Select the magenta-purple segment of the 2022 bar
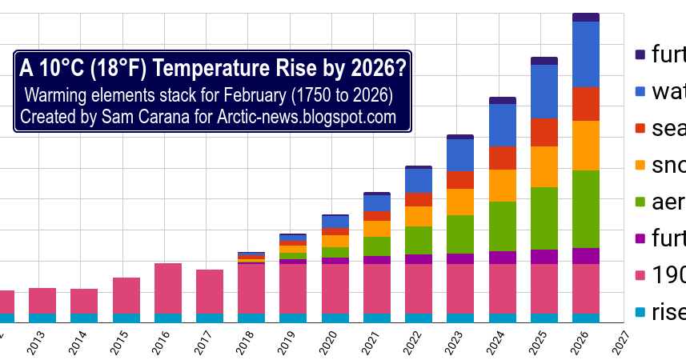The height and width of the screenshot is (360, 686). click(x=419, y=259)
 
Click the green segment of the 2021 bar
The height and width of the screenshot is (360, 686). click(x=377, y=246)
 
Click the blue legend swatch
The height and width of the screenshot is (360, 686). click(x=640, y=92)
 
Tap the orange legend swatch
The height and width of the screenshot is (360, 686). click(x=640, y=165)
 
